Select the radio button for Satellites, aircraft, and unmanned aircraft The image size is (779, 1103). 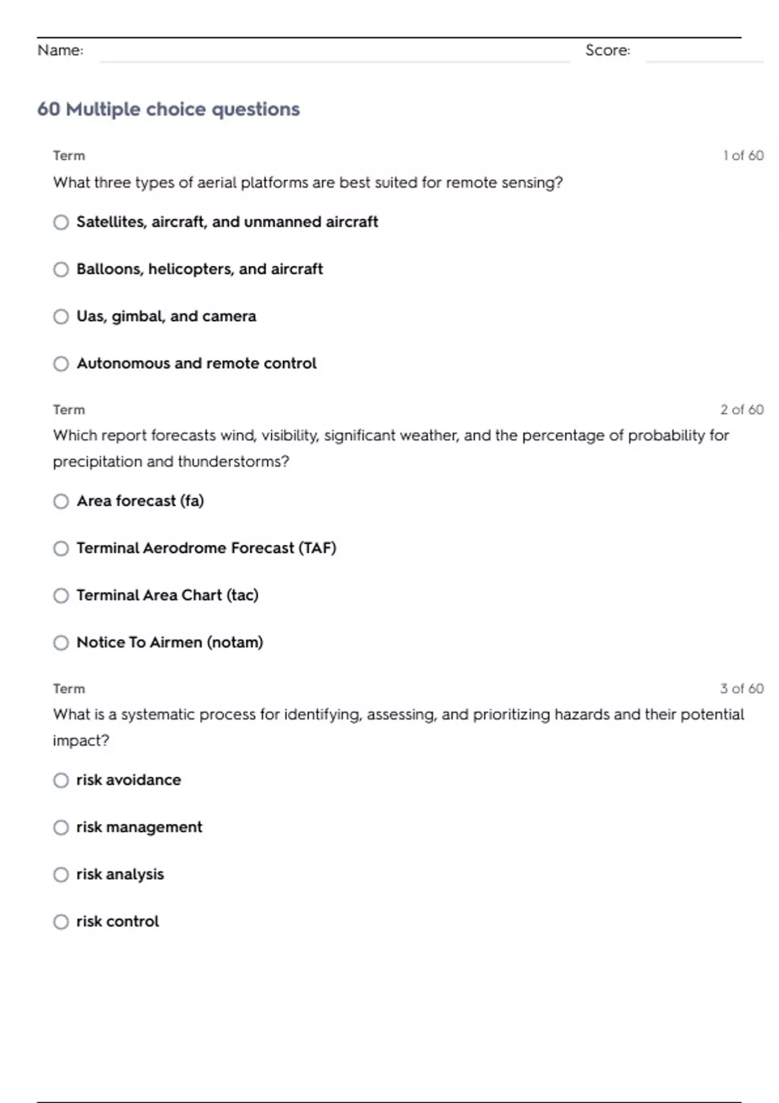click(x=61, y=223)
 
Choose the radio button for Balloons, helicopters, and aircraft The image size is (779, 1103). click(x=61, y=269)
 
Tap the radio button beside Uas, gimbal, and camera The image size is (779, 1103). click(x=61, y=317)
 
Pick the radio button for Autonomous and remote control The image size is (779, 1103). click(x=61, y=364)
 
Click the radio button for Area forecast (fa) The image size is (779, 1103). click(x=61, y=502)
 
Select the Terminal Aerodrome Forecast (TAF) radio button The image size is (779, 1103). click(x=61, y=549)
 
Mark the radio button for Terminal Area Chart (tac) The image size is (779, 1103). click(x=61, y=596)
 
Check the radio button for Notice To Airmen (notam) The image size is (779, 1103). click(x=61, y=643)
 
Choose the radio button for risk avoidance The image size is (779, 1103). click(x=61, y=781)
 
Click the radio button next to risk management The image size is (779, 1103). click(x=61, y=828)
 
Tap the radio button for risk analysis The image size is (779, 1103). click(x=61, y=875)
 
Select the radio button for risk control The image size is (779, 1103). click(x=61, y=922)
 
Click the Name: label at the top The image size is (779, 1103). click(x=60, y=51)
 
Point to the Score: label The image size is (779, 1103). click(x=608, y=51)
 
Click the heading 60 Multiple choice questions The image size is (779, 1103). click(x=169, y=109)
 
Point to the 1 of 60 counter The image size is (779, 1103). click(x=743, y=156)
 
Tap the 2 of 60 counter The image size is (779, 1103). click(x=742, y=410)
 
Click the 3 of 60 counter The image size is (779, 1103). click(x=742, y=689)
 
